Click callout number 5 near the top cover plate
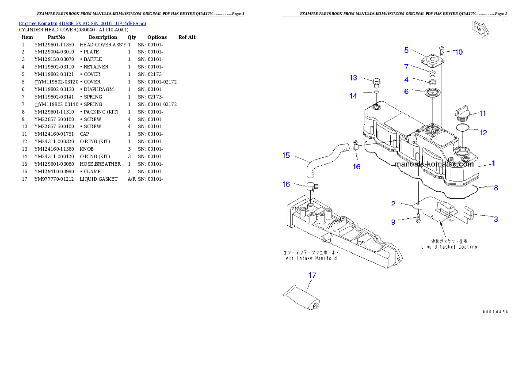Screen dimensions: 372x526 [406, 50]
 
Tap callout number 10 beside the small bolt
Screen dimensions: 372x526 [459, 52]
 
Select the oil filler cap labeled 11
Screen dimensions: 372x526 [462, 113]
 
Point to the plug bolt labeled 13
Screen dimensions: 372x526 [376, 83]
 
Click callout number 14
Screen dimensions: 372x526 [353, 96]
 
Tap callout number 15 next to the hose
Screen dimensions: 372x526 [286, 155]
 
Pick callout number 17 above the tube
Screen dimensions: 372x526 [312, 275]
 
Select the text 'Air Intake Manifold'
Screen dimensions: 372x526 [312, 258]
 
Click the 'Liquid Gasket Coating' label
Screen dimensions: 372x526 [449, 247]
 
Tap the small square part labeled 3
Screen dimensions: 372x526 [469, 214]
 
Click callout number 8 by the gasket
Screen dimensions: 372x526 [496, 188]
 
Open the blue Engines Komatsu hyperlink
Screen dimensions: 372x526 [82, 23]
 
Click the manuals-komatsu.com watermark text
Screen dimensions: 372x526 [434, 164]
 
